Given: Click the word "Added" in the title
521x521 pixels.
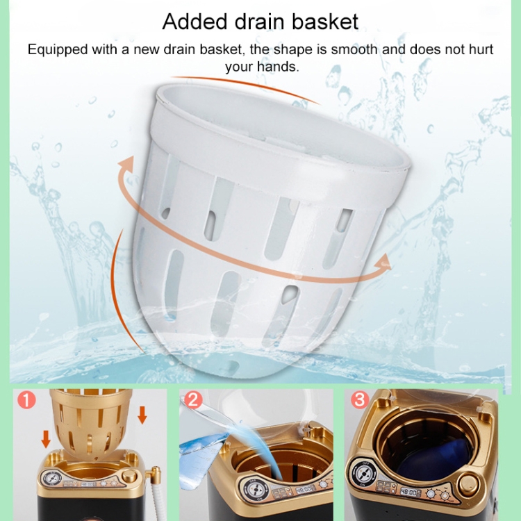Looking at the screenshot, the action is coord(195,22).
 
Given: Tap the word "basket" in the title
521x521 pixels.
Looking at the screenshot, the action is coord(325,22).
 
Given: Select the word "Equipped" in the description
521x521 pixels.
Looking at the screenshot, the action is coord(58,50).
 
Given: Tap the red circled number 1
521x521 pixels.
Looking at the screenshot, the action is coord(26,399).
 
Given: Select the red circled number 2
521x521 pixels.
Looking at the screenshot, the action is coord(193,399).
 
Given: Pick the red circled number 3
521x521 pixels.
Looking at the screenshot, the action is coord(360,399).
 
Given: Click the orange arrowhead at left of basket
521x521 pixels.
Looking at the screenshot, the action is coord(127,165).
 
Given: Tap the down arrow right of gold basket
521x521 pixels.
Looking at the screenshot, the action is coord(142,415).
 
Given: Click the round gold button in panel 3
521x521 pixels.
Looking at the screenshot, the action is coord(469,486).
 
